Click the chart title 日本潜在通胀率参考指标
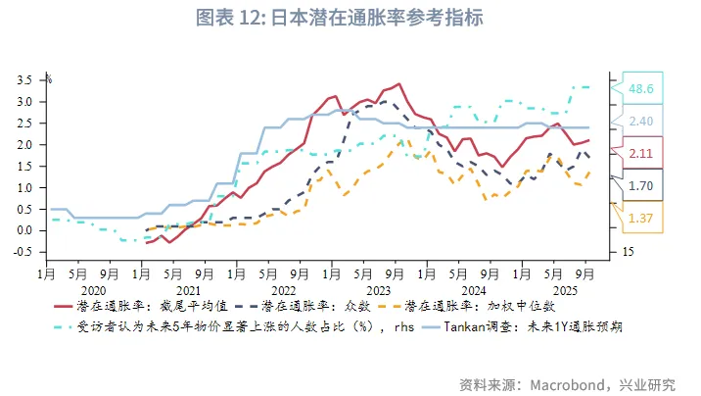(350, 18)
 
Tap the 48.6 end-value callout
(642, 89)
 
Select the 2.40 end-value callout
(642, 122)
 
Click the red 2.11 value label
(642, 153)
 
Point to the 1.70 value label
(642, 185)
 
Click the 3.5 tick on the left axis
(25, 80)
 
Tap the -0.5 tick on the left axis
(23, 251)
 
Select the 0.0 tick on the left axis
(25, 229)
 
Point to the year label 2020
(93, 291)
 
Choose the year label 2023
(378, 291)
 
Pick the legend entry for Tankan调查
(535, 326)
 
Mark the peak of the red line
(398, 84)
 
